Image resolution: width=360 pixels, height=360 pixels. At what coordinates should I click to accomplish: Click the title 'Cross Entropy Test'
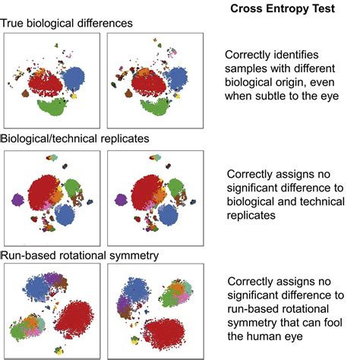pos(283,8)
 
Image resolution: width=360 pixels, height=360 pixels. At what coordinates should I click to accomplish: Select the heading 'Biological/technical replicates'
pos(74,139)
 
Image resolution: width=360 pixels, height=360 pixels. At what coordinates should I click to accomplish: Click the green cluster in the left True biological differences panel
pos(53,106)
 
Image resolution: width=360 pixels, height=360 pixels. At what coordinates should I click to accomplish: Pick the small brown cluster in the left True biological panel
pos(25,93)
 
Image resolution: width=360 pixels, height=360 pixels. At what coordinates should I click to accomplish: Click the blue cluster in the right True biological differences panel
pos(175,77)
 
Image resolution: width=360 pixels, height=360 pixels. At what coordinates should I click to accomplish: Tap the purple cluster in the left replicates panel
pos(17,200)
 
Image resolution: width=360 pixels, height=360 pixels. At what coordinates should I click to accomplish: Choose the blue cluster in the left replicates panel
pos(65,215)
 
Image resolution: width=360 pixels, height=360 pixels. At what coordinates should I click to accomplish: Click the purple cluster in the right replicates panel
pos(121,200)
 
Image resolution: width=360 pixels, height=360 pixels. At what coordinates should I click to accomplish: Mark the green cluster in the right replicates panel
pos(175,188)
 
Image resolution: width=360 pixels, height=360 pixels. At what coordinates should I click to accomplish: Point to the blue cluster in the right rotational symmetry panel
pos(134,290)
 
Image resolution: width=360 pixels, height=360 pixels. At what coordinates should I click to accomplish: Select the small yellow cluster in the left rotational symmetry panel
pos(59,351)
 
